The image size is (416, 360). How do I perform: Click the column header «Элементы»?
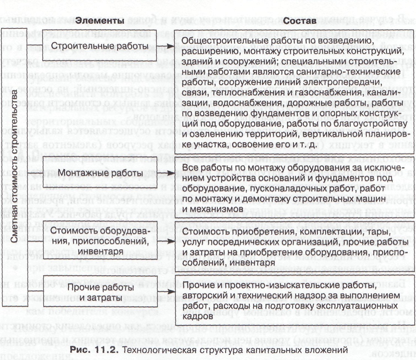pos(95,22)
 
